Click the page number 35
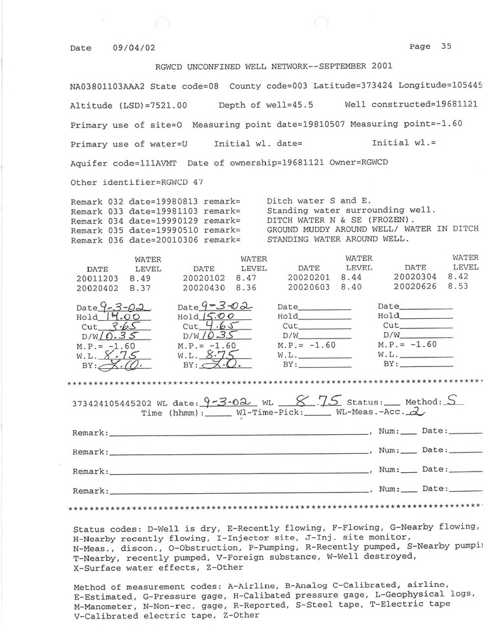click(446, 46)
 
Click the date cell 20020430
click(204, 287)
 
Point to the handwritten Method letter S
click(451, 400)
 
